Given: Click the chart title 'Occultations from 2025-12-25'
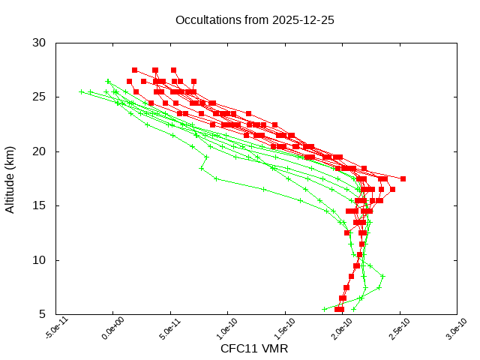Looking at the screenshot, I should point(254,19).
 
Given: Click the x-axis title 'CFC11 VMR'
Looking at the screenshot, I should point(254,348).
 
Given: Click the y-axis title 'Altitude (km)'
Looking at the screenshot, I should point(10,178).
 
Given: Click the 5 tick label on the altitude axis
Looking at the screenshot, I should point(43,314).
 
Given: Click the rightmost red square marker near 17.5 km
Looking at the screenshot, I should point(403,178).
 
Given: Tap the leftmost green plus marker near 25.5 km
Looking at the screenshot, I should point(82,92).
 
